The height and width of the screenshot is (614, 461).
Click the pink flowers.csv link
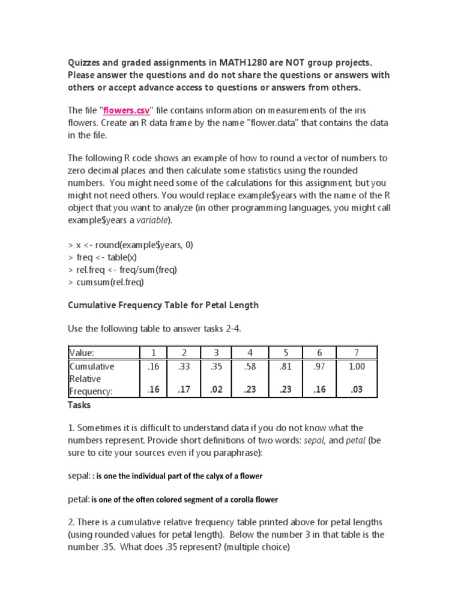(x=125, y=110)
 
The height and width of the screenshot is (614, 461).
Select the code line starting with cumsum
(x=106, y=282)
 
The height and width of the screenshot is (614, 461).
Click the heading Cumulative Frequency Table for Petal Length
(x=163, y=305)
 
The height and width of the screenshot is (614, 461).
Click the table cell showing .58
(x=249, y=366)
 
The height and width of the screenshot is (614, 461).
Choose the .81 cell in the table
(x=285, y=366)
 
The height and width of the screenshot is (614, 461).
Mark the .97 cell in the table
(x=319, y=366)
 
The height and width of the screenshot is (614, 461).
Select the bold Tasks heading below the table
(x=79, y=405)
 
